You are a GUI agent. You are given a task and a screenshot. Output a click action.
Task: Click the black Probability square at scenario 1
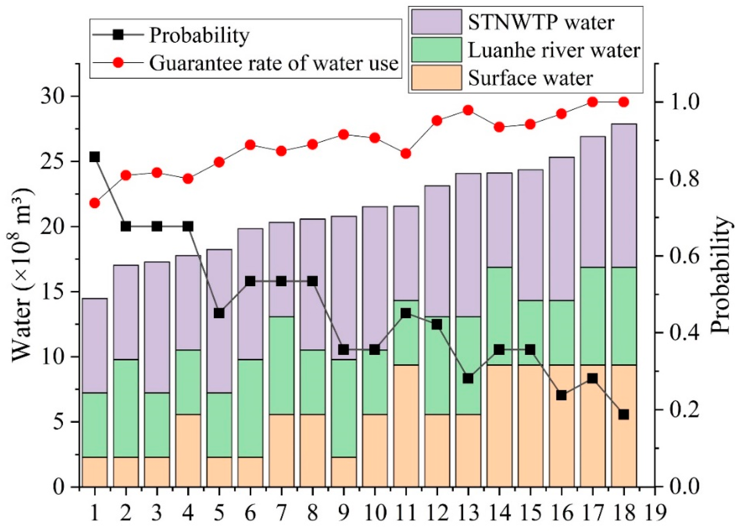[x=95, y=157]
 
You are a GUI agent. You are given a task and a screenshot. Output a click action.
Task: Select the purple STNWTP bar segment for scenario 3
[x=157, y=327]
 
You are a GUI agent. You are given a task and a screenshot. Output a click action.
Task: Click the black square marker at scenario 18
[x=623, y=415]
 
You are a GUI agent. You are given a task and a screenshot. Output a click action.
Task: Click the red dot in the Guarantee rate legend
[x=119, y=62]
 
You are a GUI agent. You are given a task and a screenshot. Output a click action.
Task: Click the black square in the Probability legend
[x=119, y=34]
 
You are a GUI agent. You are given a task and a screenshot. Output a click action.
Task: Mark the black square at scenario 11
[x=406, y=313]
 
